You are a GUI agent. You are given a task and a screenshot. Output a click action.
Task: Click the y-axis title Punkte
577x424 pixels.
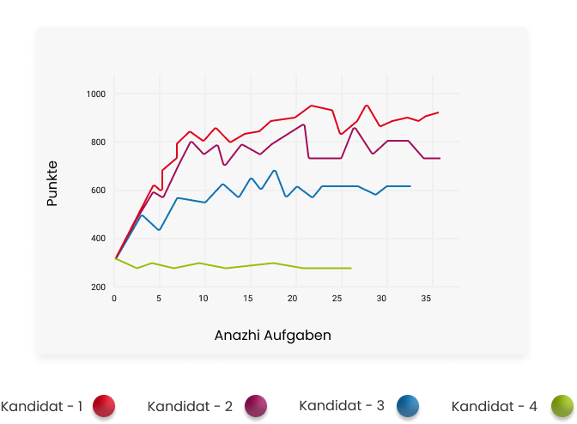click(x=52, y=183)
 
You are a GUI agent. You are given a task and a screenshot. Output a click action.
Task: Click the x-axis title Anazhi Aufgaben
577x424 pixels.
click(x=272, y=336)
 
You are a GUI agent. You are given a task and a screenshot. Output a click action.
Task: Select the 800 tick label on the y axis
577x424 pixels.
click(x=97, y=142)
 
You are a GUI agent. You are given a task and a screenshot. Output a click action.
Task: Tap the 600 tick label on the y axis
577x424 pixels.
click(x=97, y=191)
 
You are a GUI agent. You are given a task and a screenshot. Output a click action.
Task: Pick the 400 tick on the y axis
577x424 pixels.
click(x=97, y=239)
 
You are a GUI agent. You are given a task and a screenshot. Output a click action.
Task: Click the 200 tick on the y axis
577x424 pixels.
click(x=97, y=287)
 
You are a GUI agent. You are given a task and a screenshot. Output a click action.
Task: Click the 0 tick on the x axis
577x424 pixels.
click(x=114, y=299)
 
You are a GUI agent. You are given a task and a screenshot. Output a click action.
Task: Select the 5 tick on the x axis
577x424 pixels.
click(x=159, y=299)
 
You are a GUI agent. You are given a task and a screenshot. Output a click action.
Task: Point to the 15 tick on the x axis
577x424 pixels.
click(x=248, y=299)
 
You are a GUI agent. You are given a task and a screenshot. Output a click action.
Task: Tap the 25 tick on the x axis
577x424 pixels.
click(x=337, y=299)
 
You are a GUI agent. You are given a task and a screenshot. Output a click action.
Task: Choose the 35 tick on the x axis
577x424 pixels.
click(x=427, y=299)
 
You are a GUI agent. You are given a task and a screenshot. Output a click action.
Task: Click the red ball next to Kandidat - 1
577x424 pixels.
click(x=105, y=406)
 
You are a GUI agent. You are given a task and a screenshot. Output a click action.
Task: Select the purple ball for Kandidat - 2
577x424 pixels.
click(x=255, y=406)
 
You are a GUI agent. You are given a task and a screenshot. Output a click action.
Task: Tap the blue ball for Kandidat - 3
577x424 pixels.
click(x=408, y=406)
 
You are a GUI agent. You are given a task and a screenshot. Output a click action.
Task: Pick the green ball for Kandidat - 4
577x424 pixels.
click(x=562, y=406)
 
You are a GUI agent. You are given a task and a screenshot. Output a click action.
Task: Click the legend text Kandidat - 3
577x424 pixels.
click(x=341, y=404)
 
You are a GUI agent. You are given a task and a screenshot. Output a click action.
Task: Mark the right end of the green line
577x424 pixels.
click(x=351, y=268)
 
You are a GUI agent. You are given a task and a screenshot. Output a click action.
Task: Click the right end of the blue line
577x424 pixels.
click(x=410, y=186)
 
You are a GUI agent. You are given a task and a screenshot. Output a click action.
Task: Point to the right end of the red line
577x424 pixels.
click(x=438, y=112)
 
